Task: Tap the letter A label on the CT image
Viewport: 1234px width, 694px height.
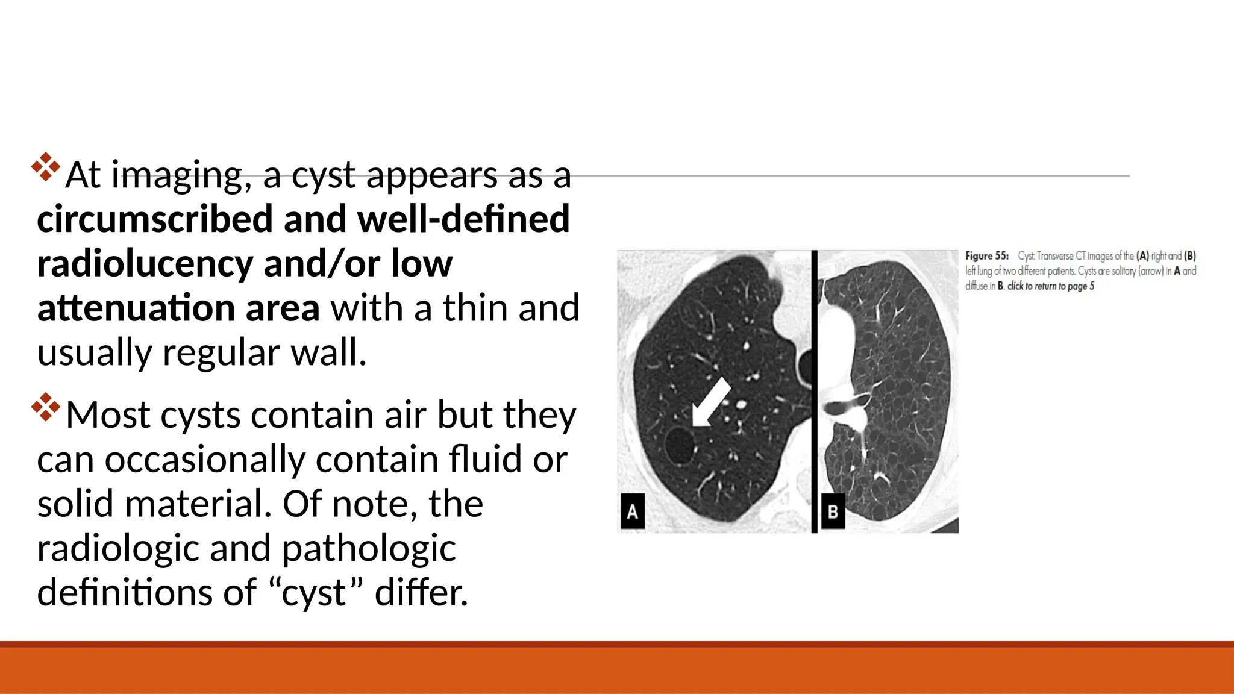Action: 632,511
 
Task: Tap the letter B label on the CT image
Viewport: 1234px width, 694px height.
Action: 833,511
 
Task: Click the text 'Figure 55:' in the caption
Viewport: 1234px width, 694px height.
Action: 987,256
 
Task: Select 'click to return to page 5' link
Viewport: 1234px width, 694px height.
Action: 1051,286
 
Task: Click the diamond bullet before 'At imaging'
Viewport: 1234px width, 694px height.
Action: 46,167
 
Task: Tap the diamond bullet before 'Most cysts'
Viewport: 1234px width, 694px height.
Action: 46,407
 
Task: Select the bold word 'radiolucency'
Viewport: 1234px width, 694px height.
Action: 145,263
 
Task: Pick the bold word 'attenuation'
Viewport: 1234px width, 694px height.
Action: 136,308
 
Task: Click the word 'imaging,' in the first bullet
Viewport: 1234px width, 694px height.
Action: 181,175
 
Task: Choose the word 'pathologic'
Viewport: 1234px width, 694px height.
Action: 368,548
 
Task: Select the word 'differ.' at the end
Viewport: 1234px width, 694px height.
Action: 421,593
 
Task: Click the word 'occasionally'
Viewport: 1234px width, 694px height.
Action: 205,460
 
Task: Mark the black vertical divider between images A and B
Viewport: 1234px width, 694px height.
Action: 814,392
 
